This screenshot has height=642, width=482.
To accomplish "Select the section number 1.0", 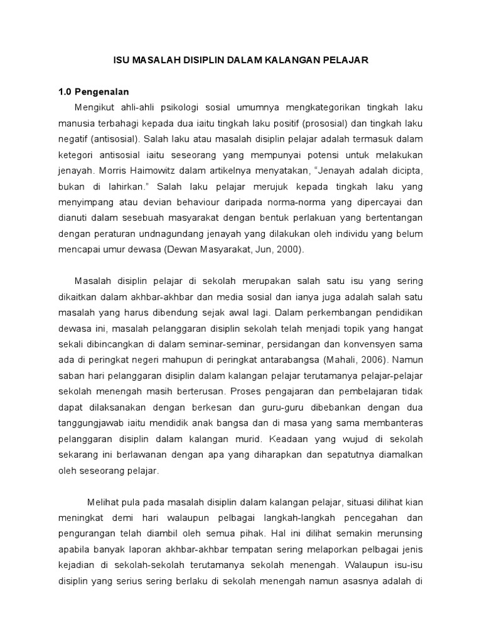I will click(x=67, y=92).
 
